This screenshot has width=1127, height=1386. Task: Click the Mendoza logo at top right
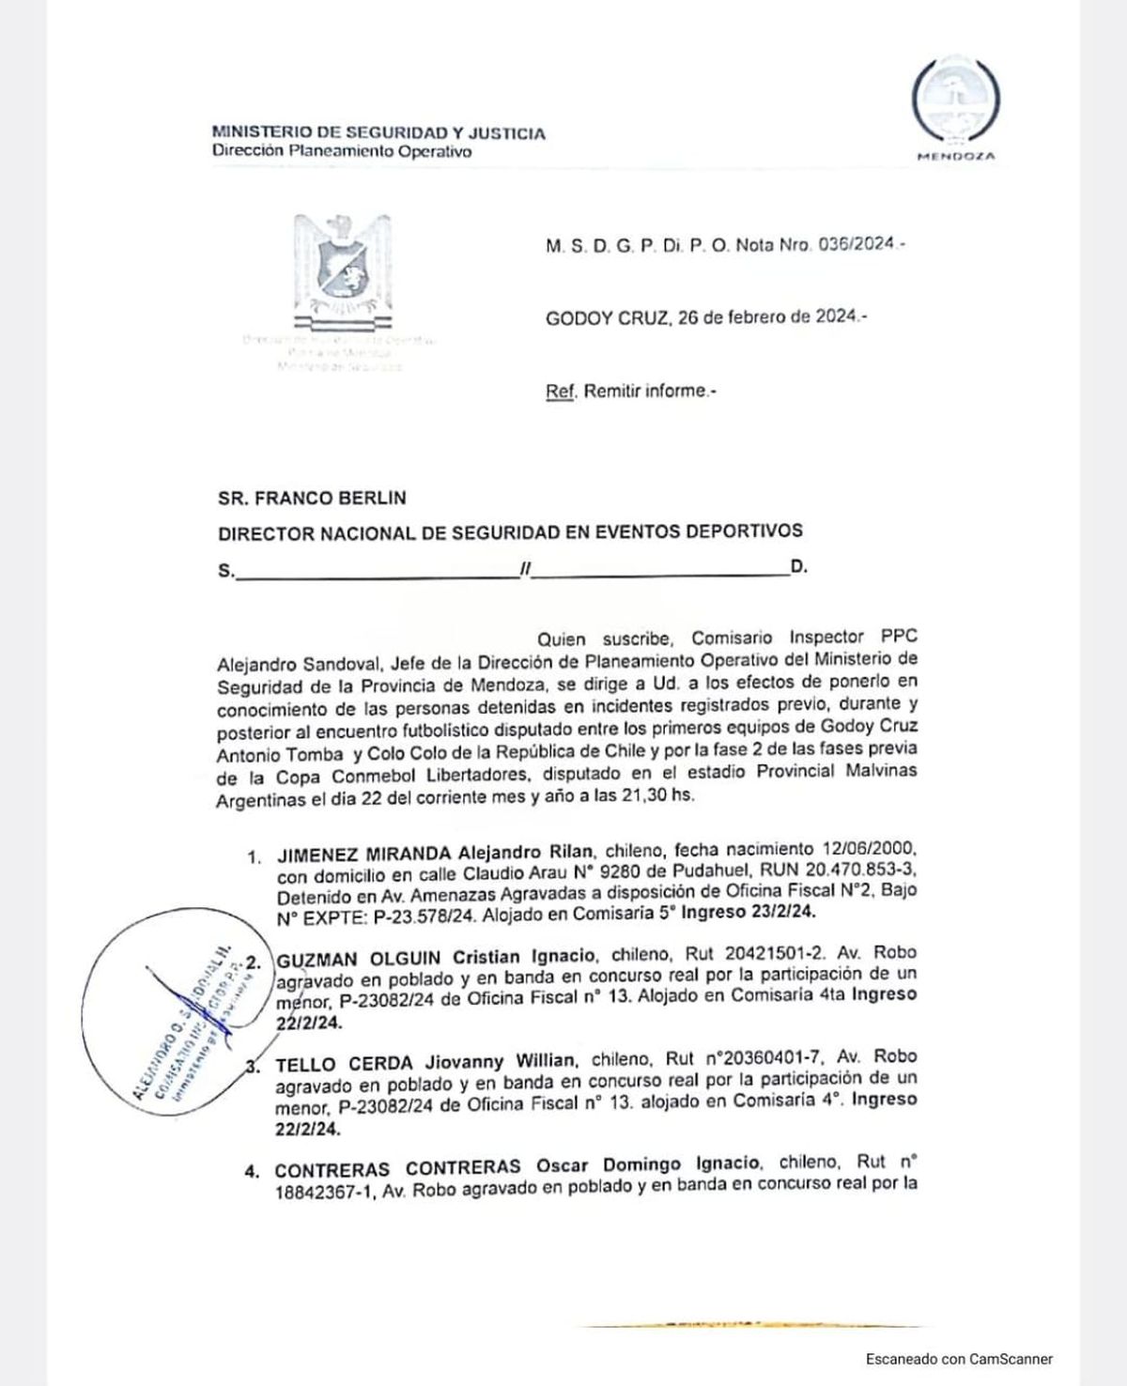coord(956,105)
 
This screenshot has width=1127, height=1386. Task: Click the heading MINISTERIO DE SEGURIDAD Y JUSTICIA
coord(378,133)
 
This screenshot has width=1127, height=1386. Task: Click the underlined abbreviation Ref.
coord(560,391)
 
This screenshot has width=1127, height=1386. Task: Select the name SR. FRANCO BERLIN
coord(312,498)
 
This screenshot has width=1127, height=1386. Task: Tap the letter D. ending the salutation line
coord(799,567)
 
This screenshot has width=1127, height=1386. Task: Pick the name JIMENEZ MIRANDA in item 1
coord(363,854)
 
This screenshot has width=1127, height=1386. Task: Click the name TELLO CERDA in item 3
coord(344,1062)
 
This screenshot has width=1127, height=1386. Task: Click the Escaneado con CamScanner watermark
coord(959,1359)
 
